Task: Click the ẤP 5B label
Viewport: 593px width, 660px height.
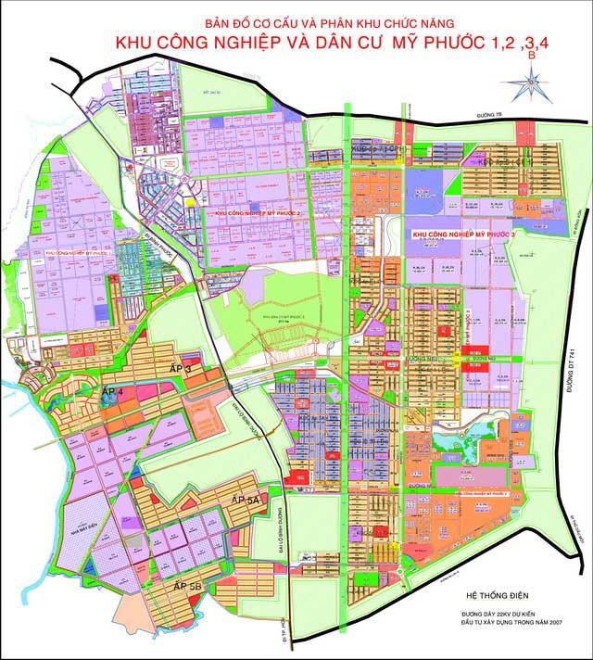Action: point(186,587)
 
